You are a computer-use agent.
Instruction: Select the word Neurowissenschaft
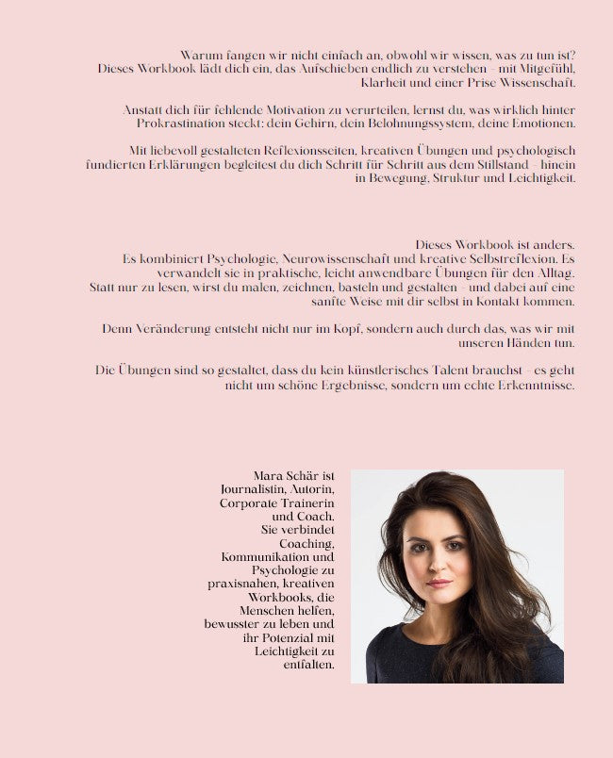pyautogui.click(x=340, y=258)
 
